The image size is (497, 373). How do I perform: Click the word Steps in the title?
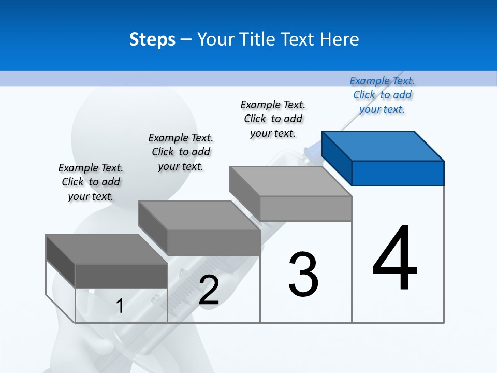click(x=152, y=39)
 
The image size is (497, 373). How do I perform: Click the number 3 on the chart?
click(x=303, y=275)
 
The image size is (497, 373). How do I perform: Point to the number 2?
click(x=209, y=290)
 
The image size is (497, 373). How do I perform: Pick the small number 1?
click(x=120, y=306)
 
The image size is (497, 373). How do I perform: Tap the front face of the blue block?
click(x=398, y=173)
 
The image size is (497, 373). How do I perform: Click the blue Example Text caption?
click(x=382, y=95)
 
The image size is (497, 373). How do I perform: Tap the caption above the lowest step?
click(x=91, y=182)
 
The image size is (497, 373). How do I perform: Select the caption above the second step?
click(x=181, y=152)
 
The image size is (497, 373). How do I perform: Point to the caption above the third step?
click(x=273, y=119)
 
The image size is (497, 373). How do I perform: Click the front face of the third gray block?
click(x=305, y=209)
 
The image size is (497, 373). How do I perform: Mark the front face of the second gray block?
click(x=213, y=242)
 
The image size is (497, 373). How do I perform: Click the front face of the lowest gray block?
click(x=121, y=276)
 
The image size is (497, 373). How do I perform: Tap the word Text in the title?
click(x=302, y=39)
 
